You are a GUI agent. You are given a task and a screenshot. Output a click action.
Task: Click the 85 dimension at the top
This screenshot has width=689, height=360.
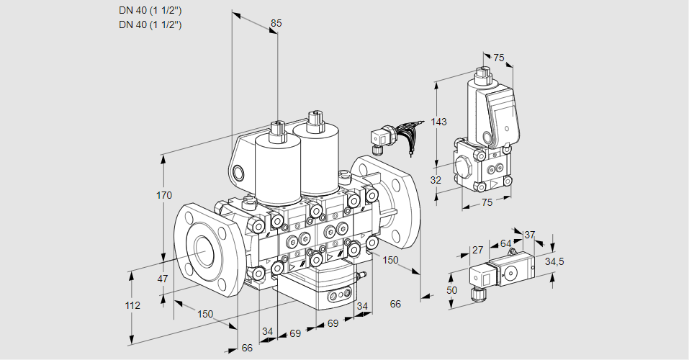coord(276,23)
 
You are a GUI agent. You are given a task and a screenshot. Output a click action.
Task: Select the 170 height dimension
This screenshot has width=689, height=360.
coord(164,195)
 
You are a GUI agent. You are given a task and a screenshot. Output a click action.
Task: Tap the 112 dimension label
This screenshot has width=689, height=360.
coord(132,305)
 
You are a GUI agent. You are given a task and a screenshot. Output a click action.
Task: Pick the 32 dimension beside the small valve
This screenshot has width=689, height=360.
coord(435,180)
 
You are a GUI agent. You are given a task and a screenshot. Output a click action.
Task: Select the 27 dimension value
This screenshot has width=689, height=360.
coord(477,250)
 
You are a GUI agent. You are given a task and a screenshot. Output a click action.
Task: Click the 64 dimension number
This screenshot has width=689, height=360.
coord(505,243)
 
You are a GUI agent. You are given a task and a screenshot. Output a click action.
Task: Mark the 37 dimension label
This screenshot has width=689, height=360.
coord(529,235)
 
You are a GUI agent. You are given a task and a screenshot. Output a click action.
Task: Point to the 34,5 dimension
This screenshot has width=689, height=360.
coord(554,261)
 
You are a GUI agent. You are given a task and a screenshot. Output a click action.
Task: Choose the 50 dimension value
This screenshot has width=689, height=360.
coord(451,289)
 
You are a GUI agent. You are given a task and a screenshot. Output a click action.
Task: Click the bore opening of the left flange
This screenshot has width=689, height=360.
coord(204,250)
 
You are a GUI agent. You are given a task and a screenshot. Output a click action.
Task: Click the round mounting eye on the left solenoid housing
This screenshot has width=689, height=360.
coord(239,172)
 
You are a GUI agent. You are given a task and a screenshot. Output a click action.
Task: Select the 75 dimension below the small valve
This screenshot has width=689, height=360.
coord(487,203)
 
